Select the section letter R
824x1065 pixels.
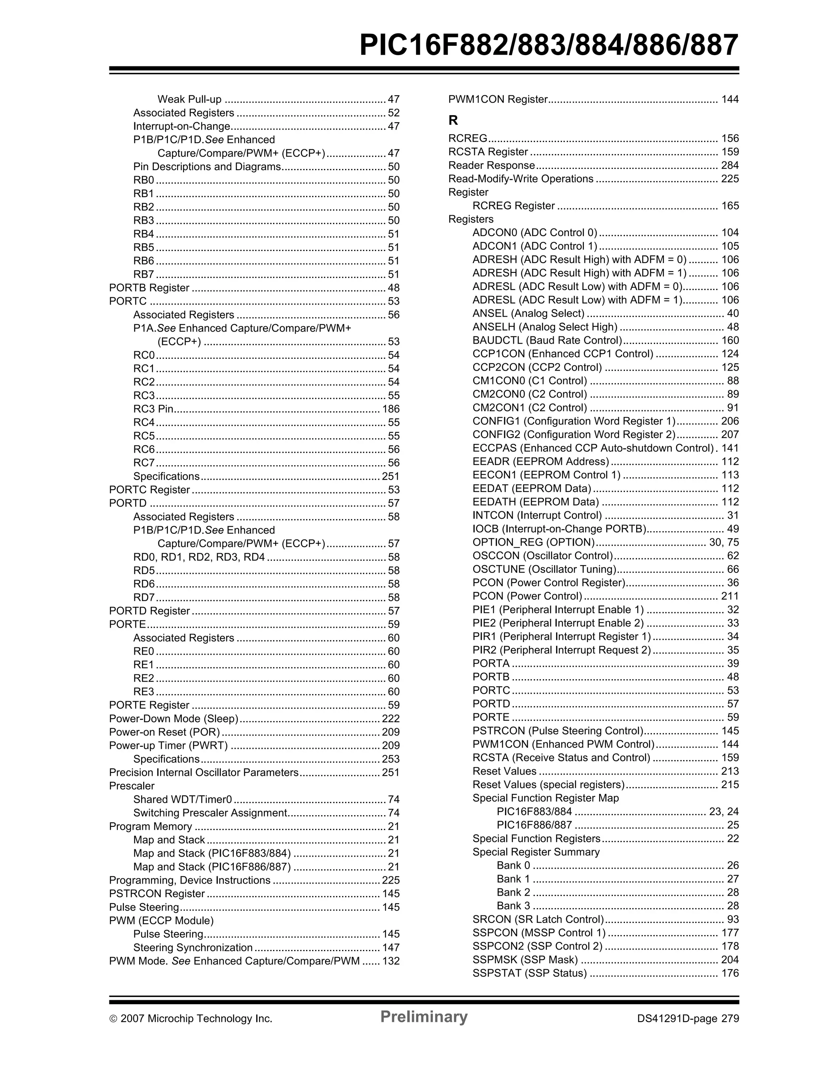[453, 120]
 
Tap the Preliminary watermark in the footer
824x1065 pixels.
[424, 1017]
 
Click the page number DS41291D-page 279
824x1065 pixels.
[688, 1019]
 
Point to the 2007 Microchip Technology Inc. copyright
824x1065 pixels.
[191, 1019]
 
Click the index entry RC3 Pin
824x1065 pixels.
[153, 409]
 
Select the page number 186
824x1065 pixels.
[391, 409]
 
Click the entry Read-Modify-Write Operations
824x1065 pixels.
[521, 179]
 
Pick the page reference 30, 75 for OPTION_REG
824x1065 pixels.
[723, 542]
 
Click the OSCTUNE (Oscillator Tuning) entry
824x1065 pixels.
[544, 569]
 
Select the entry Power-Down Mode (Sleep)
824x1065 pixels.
[173, 718]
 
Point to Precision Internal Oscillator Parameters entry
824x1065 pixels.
[203, 772]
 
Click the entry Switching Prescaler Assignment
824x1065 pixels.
[210, 813]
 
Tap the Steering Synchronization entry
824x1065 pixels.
[193, 948]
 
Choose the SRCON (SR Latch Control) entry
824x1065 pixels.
[538, 919]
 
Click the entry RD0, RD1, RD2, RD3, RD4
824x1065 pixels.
[199, 557]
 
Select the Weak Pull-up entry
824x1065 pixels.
[190, 99]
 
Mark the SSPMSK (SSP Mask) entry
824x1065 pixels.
[525, 960]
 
